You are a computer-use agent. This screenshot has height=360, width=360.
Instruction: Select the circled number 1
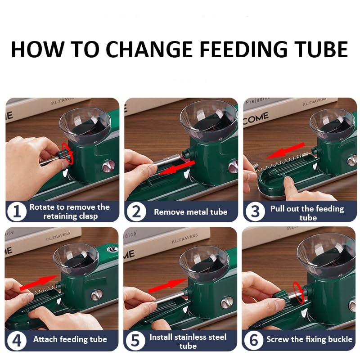[17, 211]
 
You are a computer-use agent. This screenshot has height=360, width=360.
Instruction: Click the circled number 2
[136, 211]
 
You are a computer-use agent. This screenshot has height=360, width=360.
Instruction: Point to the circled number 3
[255, 211]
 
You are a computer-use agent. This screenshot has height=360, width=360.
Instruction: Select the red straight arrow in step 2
[177, 167]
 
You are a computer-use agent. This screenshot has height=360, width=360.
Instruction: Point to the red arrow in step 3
[286, 151]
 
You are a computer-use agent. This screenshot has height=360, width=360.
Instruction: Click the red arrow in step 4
[39, 283]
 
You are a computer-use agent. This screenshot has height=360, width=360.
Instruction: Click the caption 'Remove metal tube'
[190, 211]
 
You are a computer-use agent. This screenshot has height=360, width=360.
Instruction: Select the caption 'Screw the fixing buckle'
[309, 339]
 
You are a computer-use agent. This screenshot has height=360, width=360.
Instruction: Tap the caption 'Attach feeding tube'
[70, 339]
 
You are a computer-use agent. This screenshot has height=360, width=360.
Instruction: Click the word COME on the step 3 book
[256, 118]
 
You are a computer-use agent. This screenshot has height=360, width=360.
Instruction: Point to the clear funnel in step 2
[208, 121]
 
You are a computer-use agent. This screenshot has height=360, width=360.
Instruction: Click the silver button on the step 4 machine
[97, 296]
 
